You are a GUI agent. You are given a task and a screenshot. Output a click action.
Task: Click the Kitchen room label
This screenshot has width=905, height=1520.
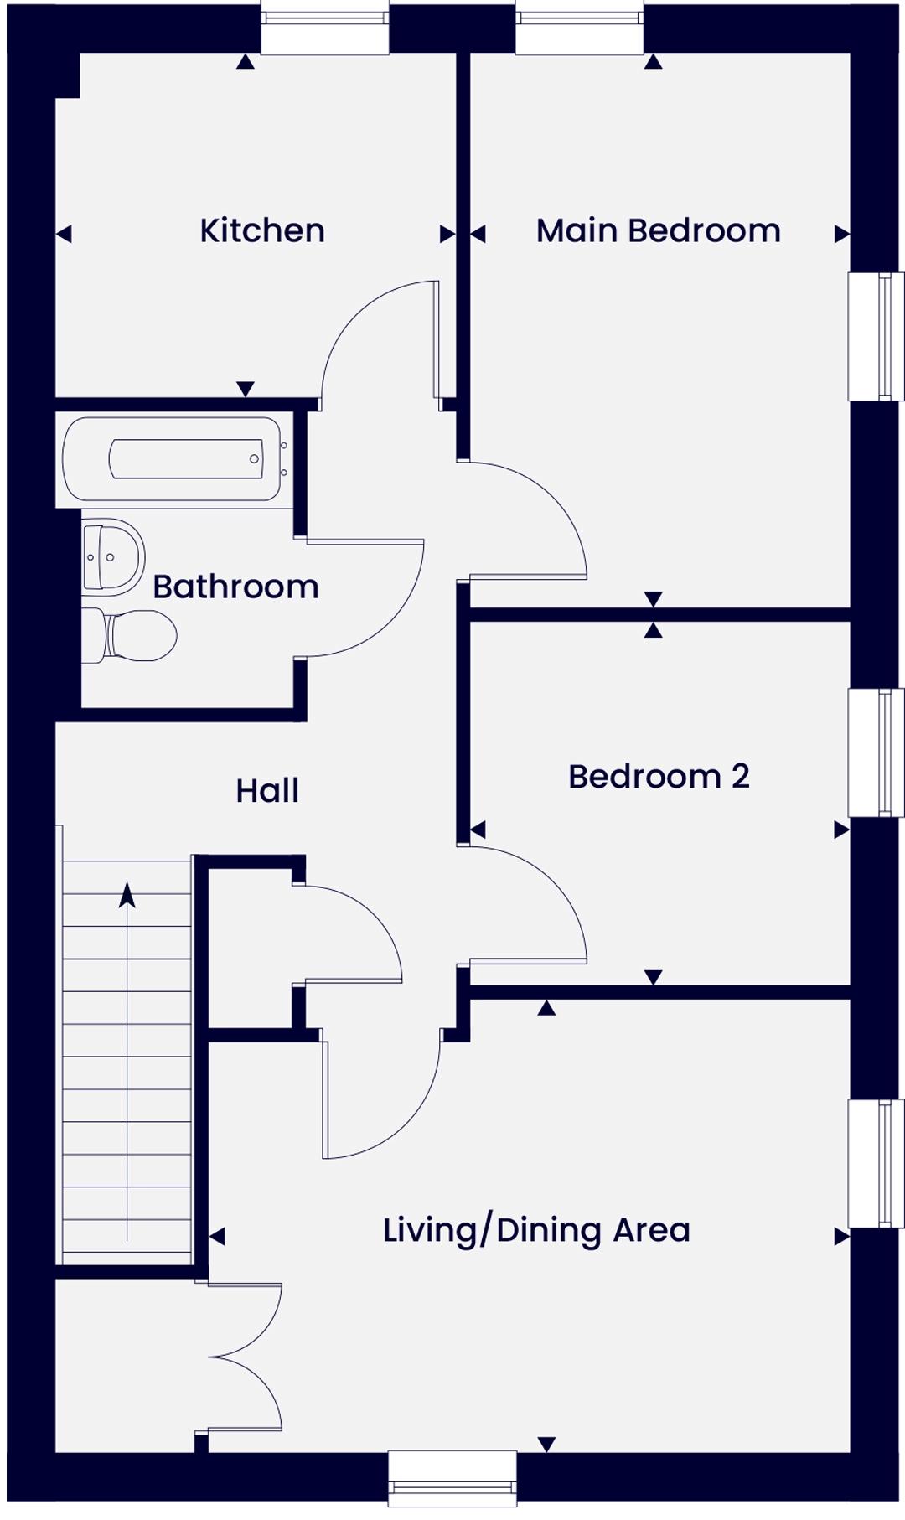pyautogui.click(x=262, y=230)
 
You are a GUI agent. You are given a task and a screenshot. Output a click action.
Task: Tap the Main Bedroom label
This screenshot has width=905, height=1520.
pyautogui.click(x=659, y=230)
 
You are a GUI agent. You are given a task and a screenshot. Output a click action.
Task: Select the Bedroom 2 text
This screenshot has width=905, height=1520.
pyautogui.click(x=659, y=776)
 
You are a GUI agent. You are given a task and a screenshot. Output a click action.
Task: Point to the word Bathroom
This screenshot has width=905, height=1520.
pyautogui.click(x=235, y=587)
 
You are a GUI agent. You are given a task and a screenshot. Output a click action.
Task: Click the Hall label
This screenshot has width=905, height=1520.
pyautogui.click(x=267, y=790)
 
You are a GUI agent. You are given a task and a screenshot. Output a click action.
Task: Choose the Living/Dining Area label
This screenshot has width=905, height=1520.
pyautogui.click(x=536, y=1230)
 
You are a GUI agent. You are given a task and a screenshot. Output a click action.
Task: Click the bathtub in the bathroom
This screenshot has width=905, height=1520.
pyautogui.click(x=172, y=459)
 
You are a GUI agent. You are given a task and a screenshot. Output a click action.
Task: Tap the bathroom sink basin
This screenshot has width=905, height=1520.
pyautogui.click(x=113, y=556)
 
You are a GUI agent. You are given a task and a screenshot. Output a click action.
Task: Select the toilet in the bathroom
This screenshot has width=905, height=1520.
pyautogui.click(x=130, y=635)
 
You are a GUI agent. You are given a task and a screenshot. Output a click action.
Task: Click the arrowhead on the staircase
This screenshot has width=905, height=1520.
pyautogui.click(x=127, y=895)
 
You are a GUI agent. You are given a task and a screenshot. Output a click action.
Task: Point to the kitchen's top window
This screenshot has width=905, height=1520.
pyautogui.click(x=325, y=28)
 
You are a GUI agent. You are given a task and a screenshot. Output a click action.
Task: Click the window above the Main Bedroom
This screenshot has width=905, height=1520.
pyautogui.click(x=580, y=28)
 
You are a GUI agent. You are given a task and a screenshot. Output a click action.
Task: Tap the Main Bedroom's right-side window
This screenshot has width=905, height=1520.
pyautogui.click(x=877, y=336)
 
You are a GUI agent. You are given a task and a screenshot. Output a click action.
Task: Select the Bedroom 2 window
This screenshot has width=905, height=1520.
pyautogui.click(x=877, y=752)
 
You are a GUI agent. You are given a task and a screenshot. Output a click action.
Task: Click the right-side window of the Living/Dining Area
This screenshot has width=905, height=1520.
pyautogui.click(x=877, y=1164)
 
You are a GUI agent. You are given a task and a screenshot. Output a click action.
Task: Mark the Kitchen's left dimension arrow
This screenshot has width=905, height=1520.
pyautogui.click(x=64, y=234)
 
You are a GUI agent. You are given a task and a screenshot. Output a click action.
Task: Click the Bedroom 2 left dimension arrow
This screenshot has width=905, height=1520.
pyautogui.click(x=478, y=830)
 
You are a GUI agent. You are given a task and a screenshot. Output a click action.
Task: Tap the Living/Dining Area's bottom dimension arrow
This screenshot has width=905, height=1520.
pyautogui.click(x=547, y=1444)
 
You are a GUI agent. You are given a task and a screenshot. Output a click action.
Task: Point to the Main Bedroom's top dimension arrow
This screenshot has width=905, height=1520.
pyautogui.click(x=654, y=61)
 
